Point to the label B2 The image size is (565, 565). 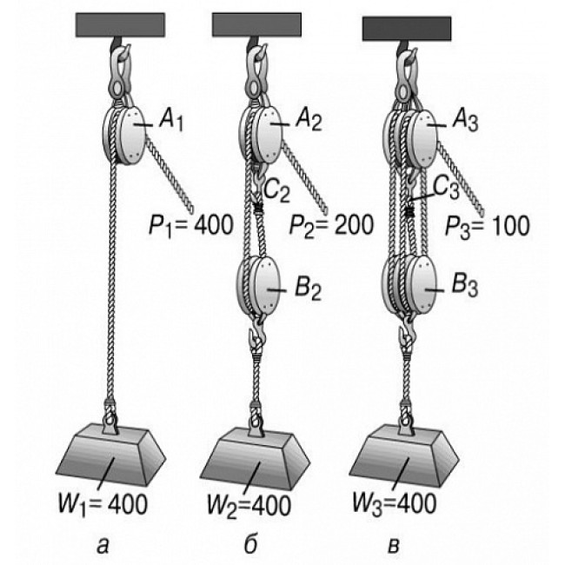(x=307, y=287)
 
